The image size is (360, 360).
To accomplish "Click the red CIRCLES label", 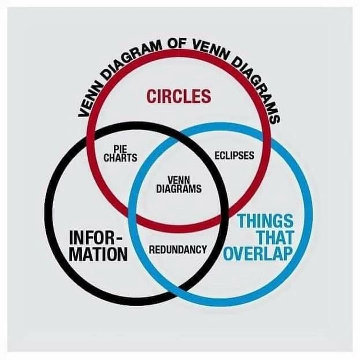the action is (x=179, y=96).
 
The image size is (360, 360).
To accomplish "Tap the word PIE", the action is (x=120, y=149).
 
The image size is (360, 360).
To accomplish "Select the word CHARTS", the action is (x=120, y=158).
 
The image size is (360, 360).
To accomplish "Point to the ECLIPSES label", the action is (x=234, y=155).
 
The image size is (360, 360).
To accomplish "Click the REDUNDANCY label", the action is (x=178, y=249).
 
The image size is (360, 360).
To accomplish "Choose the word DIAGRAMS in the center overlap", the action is (x=179, y=189).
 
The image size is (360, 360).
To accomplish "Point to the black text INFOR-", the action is (x=96, y=238).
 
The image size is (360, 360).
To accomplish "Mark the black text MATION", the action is (x=98, y=254).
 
